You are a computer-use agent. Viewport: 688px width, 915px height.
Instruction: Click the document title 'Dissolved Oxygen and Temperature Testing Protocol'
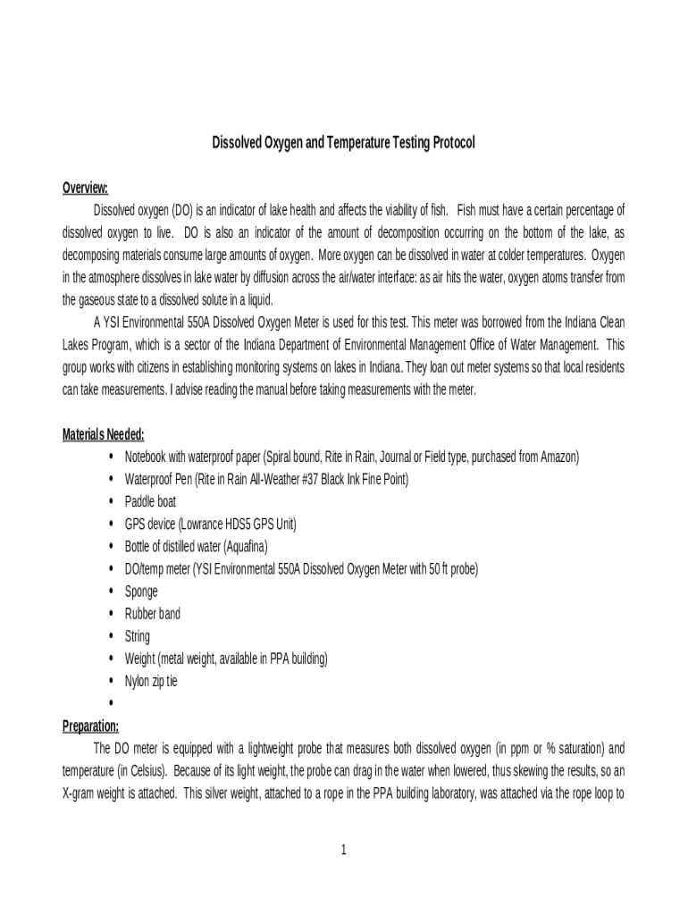point(343,143)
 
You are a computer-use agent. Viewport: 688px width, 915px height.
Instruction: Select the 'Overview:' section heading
point(85,188)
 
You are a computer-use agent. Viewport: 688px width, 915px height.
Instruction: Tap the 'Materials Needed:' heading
point(103,435)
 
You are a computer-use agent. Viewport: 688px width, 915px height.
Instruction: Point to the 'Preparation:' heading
point(90,726)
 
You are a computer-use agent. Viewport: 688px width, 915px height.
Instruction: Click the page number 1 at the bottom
point(343,849)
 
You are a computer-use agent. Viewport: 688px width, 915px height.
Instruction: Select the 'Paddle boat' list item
point(150,502)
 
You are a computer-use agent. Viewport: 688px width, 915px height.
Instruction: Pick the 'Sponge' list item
point(141,592)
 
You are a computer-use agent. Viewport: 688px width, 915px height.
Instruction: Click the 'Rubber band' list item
point(152,614)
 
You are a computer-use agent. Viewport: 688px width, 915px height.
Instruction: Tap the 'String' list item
point(138,636)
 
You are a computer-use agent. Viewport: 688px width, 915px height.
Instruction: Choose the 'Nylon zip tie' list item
point(151,681)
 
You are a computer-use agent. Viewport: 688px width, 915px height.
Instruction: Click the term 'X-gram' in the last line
point(80,793)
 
